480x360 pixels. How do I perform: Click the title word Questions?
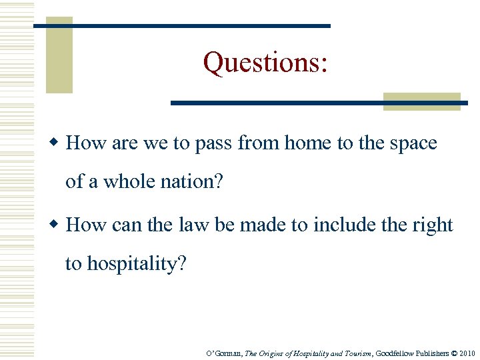(265, 63)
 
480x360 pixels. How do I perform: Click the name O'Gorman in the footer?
(225, 353)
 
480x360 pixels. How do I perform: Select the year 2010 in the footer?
(467, 353)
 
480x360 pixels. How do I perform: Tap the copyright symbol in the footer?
(452, 353)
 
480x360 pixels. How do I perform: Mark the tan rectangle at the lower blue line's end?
(422, 101)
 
